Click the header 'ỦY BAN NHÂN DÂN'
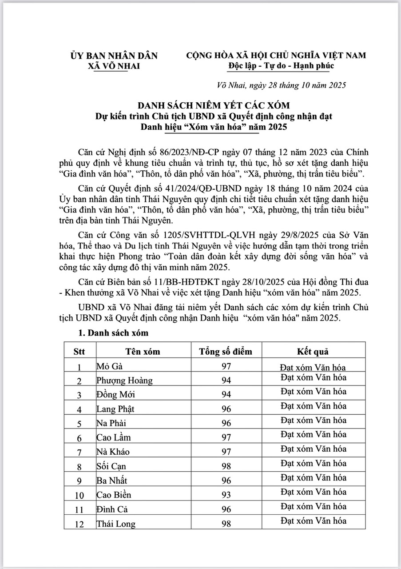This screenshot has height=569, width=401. click(114, 56)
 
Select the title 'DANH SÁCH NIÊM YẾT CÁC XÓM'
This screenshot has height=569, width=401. click(213, 106)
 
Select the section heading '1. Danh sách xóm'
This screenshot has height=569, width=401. click(113, 333)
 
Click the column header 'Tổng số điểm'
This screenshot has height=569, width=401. click(226, 352)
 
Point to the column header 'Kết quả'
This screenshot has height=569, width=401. click(313, 352)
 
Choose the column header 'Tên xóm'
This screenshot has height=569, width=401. click(142, 352)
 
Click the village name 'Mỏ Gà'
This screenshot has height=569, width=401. click(109, 367)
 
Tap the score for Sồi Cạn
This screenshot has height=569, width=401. click(226, 467)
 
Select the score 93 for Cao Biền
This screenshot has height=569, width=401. click(226, 495)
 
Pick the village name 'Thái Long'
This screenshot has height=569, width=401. click(116, 524)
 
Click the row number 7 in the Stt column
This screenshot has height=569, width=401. click(79, 453)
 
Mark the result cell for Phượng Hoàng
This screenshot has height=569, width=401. click(313, 377)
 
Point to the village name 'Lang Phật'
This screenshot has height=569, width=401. click(115, 409)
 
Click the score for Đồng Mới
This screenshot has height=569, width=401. click(226, 395)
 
